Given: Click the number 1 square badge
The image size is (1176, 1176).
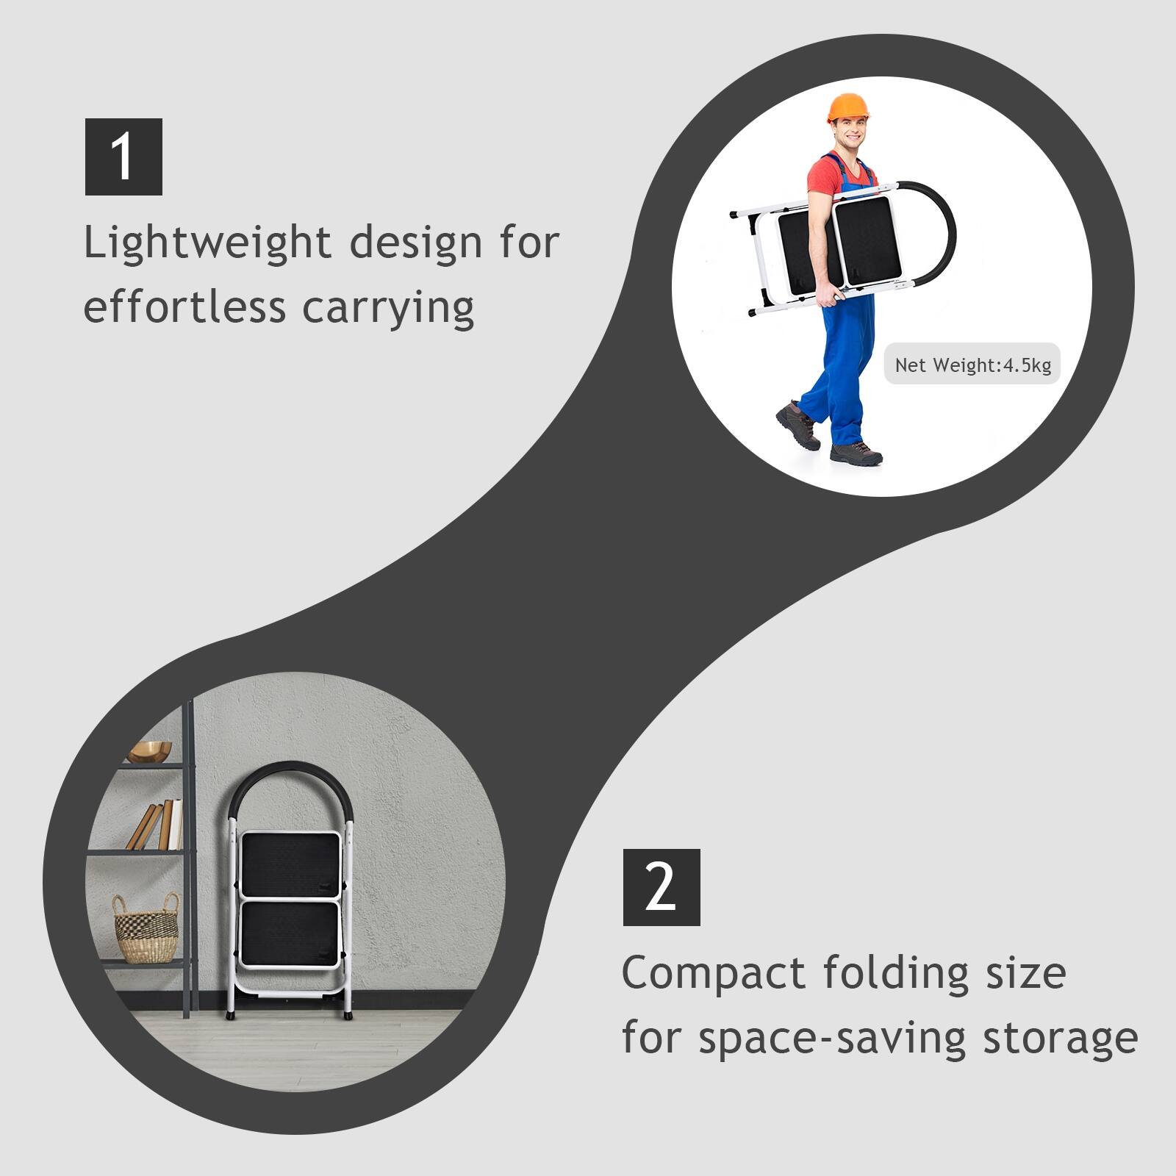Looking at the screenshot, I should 123,157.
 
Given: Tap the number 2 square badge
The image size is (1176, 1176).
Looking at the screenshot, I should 661,887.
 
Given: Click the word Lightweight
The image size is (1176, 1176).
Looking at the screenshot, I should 207,244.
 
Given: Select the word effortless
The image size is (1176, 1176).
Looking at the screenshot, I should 184,306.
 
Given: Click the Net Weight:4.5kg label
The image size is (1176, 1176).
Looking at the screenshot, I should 972,365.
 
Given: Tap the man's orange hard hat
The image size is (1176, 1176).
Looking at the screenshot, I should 849,108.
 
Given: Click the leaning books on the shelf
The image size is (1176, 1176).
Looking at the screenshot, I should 155,825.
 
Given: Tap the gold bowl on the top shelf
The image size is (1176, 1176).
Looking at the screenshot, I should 150,752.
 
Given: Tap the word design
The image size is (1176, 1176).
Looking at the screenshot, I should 416,244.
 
